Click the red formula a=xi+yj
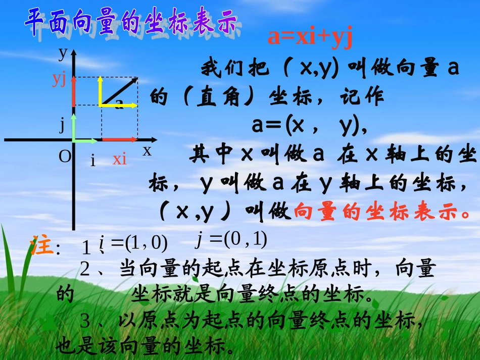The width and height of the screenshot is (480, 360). [x=310, y=37]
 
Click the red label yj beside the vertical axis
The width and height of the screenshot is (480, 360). [x=60, y=79]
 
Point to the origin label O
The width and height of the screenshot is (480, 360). [x=65, y=157]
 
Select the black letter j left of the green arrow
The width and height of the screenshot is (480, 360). [x=63, y=124]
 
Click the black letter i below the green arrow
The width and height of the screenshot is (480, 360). [x=93, y=161]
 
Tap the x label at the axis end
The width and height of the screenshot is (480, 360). [x=147, y=150]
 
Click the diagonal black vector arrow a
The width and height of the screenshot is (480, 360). [x=119, y=91]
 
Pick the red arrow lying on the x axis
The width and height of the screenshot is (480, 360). [x=120, y=139]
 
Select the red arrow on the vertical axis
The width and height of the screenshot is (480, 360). [x=74, y=92]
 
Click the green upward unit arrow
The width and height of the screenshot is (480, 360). [x=74, y=127]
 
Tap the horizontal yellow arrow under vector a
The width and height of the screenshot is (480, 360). [x=119, y=106]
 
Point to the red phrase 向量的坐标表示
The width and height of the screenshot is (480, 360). [x=381, y=212]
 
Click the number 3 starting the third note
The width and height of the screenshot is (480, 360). [x=85, y=320]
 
